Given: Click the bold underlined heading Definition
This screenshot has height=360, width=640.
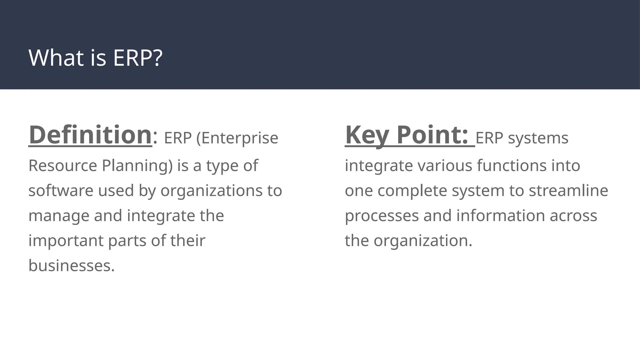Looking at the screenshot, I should (x=90, y=135).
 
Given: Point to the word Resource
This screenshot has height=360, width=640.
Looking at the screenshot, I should (x=62, y=165).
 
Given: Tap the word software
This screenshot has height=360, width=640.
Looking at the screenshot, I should (x=61, y=191).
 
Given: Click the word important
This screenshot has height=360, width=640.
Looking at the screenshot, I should (x=66, y=241).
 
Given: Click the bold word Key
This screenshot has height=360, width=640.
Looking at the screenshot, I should (x=367, y=135).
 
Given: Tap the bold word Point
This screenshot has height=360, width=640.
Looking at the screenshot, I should (x=432, y=135).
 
